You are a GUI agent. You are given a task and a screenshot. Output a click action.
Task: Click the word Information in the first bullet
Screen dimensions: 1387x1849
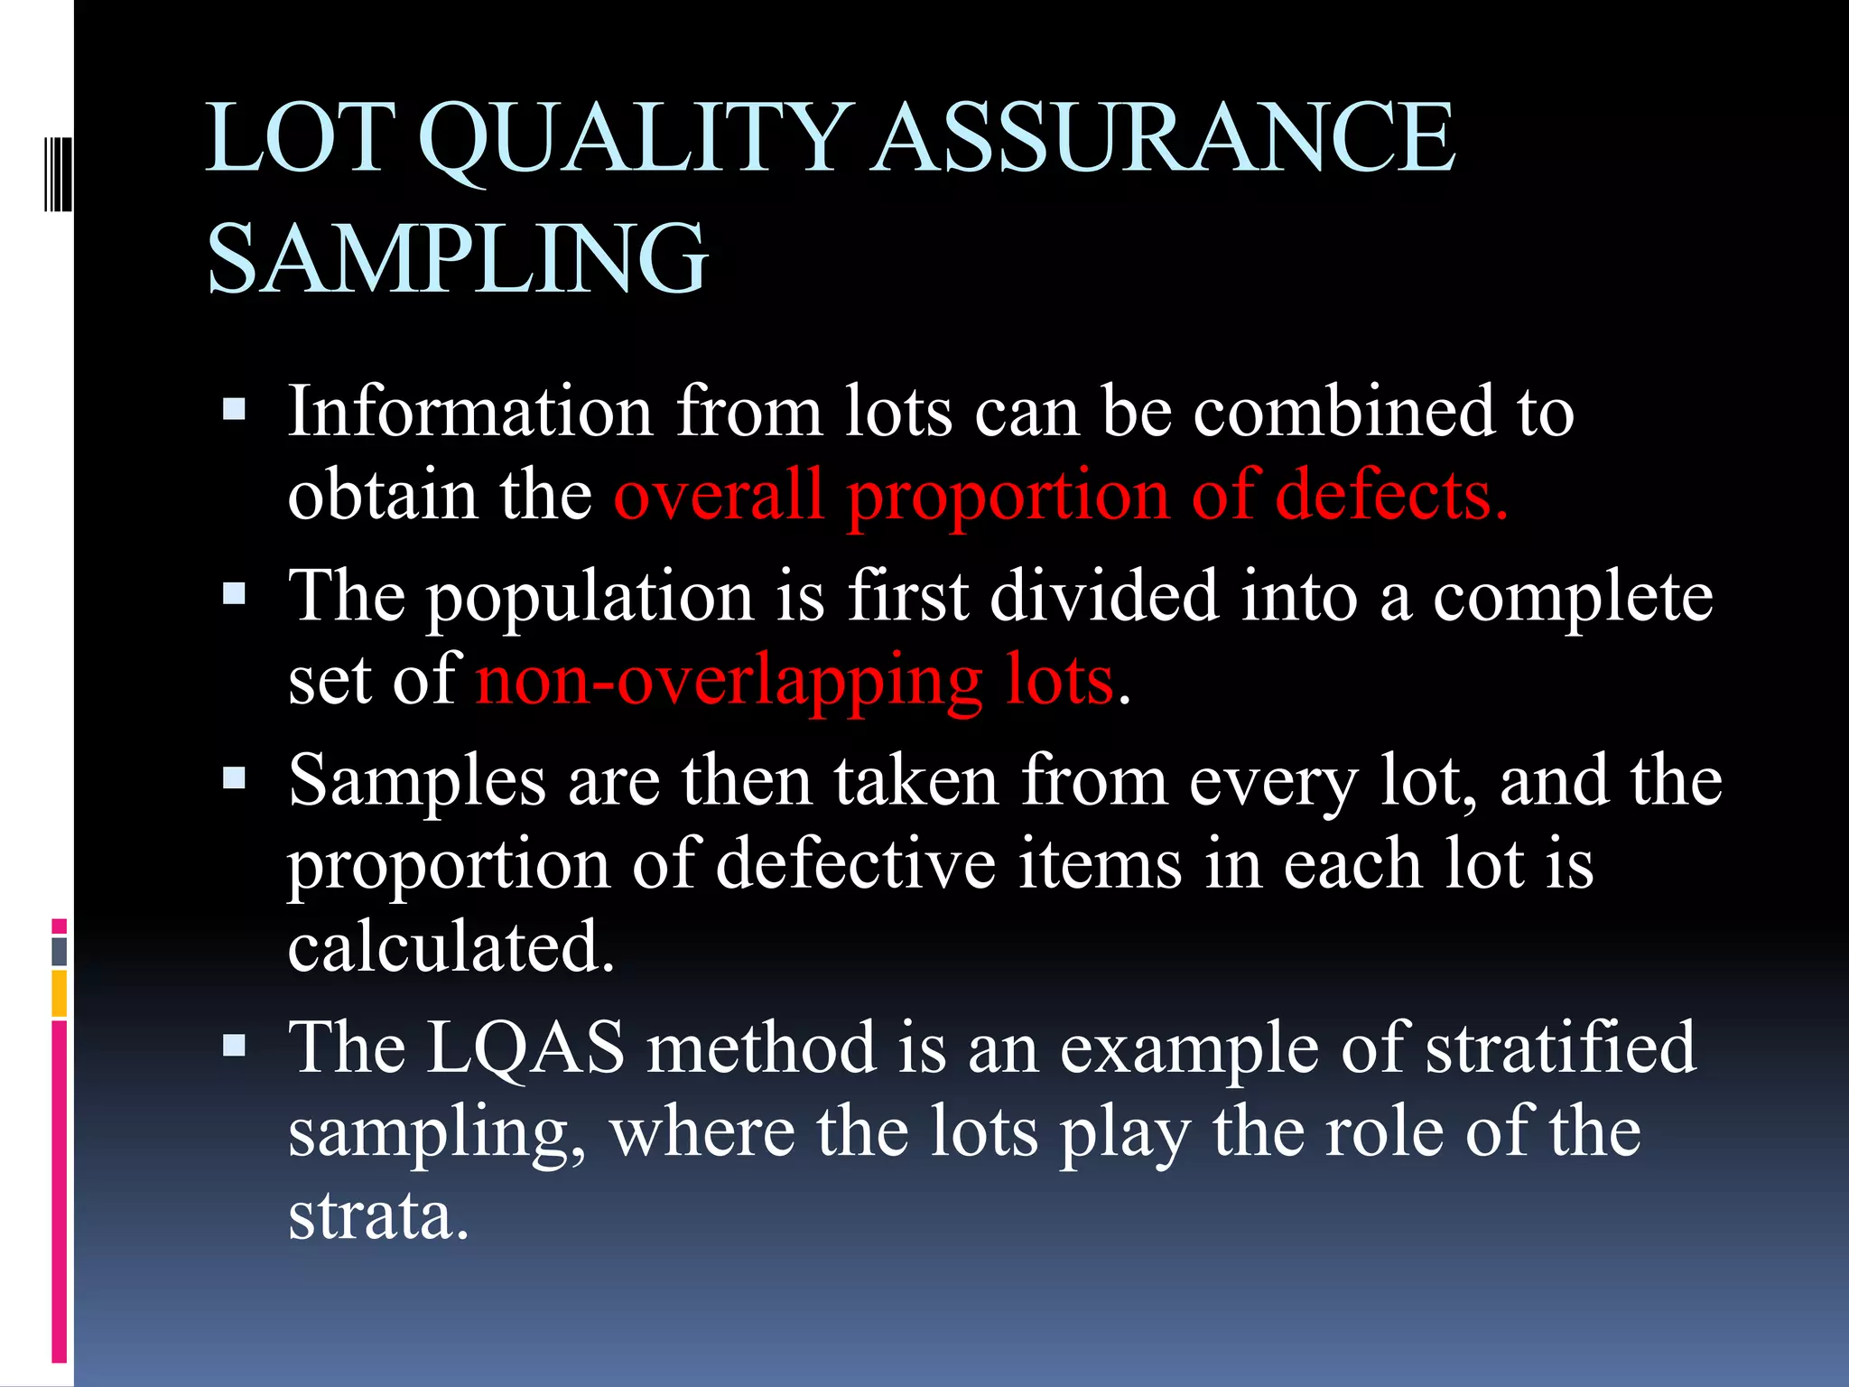point(469,412)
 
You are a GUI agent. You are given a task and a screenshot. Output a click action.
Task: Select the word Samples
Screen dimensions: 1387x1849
point(417,780)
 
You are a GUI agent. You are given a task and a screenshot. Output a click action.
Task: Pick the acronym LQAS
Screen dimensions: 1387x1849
point(525,1047)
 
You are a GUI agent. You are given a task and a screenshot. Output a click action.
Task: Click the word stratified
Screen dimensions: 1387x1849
point(1561,1047)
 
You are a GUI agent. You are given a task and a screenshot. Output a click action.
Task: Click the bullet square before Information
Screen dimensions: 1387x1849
point(234,411)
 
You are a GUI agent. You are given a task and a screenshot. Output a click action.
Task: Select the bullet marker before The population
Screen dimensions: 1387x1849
point(234,594)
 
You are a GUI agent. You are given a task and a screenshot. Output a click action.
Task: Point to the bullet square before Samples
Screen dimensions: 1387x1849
point(234,778)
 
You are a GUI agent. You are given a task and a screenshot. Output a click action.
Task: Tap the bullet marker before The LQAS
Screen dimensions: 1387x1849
point(234,1046)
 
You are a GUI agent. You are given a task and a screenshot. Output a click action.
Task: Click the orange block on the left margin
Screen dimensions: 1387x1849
point(59,993)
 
